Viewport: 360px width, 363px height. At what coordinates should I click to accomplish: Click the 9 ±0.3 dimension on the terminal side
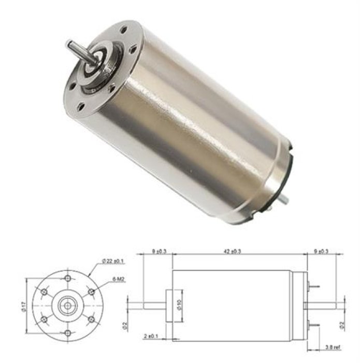coord(321,252)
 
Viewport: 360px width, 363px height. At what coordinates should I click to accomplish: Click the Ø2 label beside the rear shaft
coord(341,326)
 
